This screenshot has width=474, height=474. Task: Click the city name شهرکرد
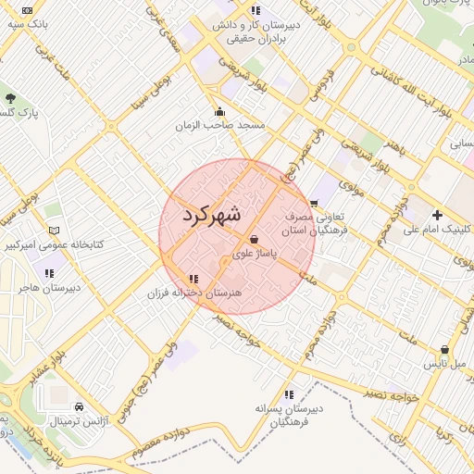click(x=212, y=215)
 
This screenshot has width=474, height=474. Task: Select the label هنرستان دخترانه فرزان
click(x=187, y=293)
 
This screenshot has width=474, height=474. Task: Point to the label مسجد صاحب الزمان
click(x=224, y=124)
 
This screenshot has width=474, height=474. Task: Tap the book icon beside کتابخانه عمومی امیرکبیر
click(x=53, y=230)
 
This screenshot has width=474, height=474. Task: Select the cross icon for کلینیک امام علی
click(x=437, y=215)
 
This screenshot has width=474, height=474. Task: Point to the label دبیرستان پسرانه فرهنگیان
click(x=289, y=414)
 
